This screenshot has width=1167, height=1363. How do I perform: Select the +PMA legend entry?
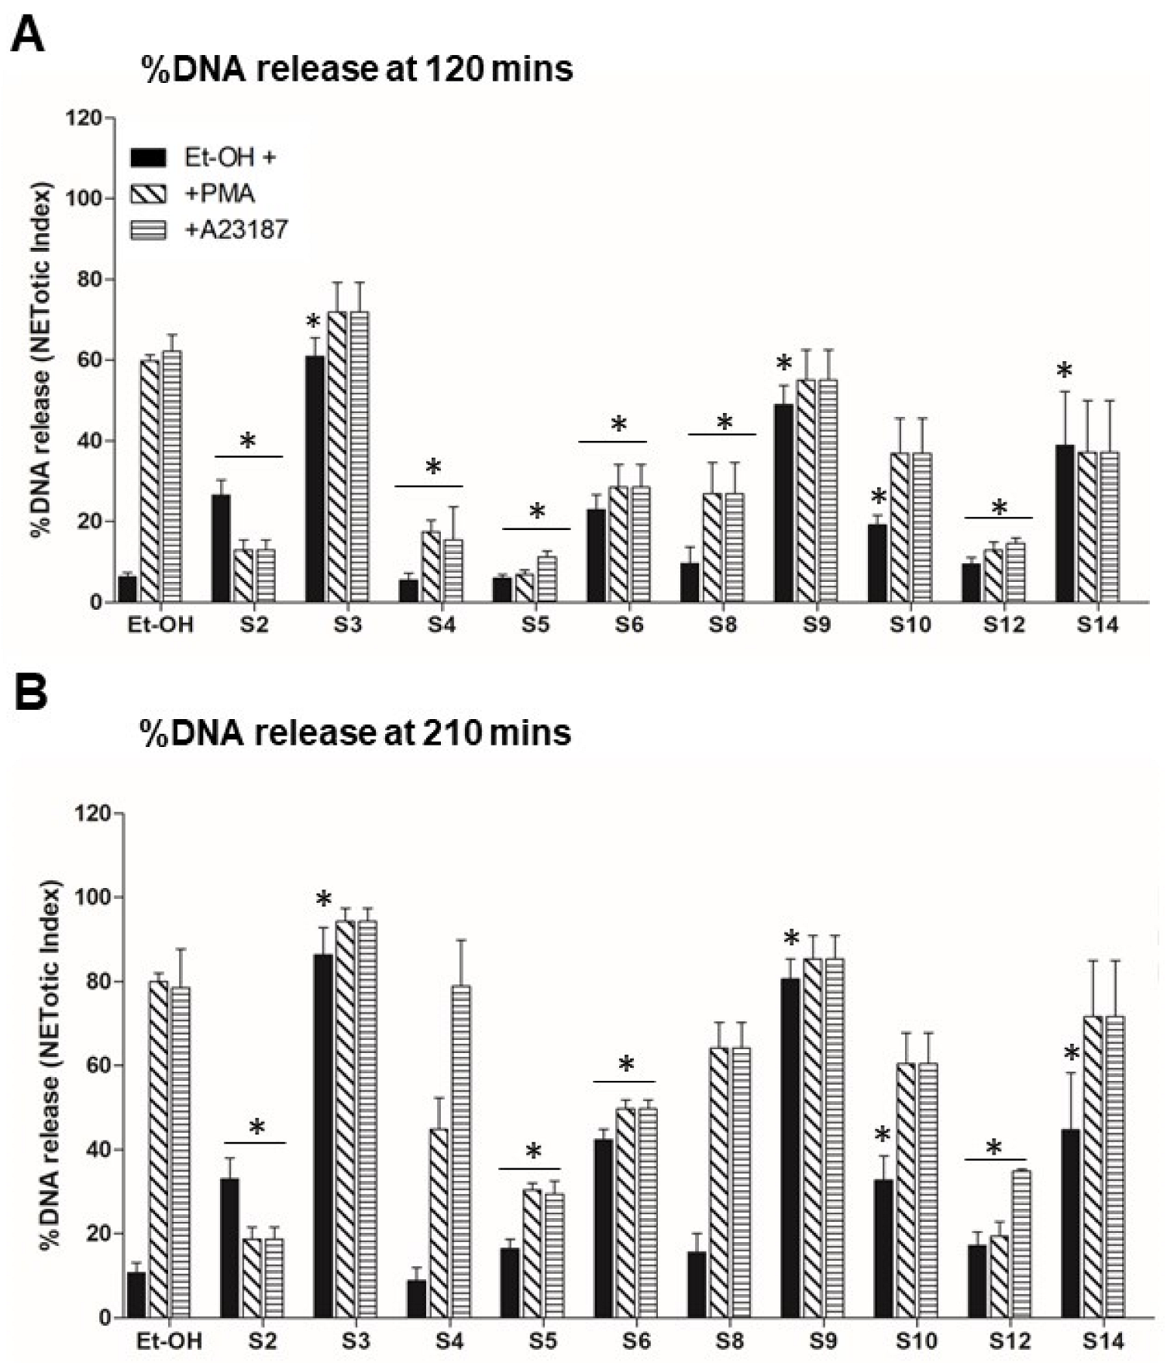click(x=220, y=194)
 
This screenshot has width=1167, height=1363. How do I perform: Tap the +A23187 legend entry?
click(x=236, y=229)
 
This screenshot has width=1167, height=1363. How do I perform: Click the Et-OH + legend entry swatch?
click(x=149, y=158)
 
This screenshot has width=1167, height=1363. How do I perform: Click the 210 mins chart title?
click(x=356, y=732)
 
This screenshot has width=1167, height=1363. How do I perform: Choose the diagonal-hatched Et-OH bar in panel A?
click(x=150, y=480)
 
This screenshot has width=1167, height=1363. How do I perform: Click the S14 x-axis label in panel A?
click(x=1097, y=625)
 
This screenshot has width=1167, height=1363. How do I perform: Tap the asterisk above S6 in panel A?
click(x=618, y=425)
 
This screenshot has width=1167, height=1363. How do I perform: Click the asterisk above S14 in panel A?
click(x=1065, y=371)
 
